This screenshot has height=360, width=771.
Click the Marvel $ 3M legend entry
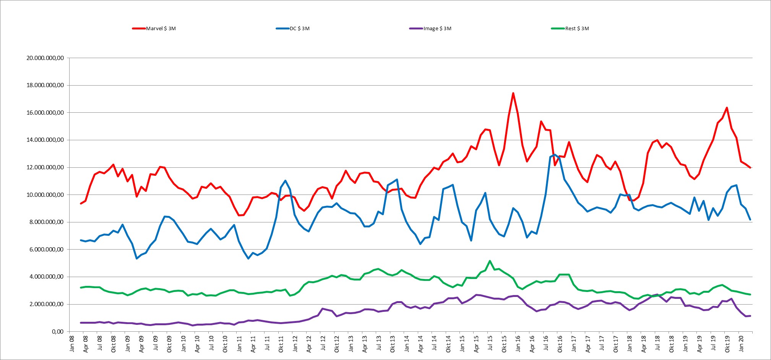click(154, 29)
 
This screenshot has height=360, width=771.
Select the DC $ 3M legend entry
click(293, 29)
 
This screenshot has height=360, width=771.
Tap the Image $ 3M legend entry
click(430, 29)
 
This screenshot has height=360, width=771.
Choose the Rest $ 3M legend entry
click(570, 29)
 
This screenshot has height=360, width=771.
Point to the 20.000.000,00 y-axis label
click(45, 58)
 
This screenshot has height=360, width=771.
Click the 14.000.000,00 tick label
click(45, 140)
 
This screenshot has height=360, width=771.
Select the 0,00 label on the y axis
click(58, 332)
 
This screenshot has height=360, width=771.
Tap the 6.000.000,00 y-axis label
click(47, 250)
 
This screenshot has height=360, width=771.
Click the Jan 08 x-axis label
click(72, 344)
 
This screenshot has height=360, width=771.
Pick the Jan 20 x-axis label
click(741, 344)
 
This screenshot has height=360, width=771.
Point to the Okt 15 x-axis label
click(504, 344)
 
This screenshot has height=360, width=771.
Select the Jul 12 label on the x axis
click(323, 344)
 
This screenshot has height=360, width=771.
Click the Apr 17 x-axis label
click(588, 344)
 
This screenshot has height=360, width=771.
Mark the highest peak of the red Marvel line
click(513, 93)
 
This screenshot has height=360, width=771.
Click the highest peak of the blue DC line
click(555, 155)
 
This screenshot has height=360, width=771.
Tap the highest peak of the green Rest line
click(490, 261)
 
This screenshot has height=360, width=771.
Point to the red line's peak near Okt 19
click(727, 108)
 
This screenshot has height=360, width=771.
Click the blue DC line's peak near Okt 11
click(286, 181)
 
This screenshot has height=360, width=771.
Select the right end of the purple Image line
click(750, 316)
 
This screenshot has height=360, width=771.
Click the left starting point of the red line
click(81, 203)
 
